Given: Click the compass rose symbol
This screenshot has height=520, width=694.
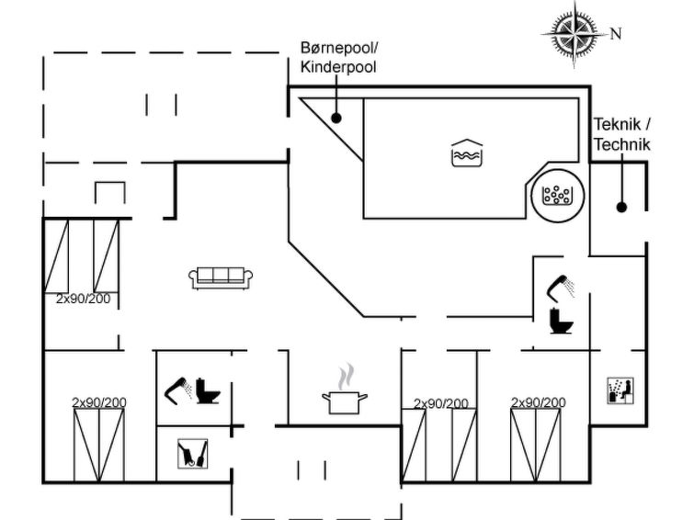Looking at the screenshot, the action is coord(575,34).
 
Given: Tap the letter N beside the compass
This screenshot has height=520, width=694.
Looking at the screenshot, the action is coord(616,34).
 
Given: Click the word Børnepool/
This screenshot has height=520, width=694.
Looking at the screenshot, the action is coord(340,48).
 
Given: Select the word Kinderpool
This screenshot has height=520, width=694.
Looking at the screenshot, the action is coord(338,67).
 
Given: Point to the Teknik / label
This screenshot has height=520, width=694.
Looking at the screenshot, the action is coord(622,124).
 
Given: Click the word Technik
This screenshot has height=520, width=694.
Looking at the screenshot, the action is coord(622,145).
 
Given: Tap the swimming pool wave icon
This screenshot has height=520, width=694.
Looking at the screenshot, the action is coord(467,153).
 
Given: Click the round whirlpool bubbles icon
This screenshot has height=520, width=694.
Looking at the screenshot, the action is coord(557,195).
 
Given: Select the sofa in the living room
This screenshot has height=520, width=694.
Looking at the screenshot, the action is coord(221,278).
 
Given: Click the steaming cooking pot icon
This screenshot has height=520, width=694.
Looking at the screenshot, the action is coord(345,390).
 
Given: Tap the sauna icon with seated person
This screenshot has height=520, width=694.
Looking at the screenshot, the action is coord(620,390).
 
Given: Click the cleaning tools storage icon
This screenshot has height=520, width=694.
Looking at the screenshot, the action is coord(192,454).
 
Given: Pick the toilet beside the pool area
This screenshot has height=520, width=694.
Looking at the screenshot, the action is coord(561,321).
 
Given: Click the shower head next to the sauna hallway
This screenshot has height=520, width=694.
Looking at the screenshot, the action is coord(561,286).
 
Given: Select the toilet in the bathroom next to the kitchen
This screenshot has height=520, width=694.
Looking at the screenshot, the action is coord(208,390).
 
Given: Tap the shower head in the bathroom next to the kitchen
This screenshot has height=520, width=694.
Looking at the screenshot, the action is coord(179,390).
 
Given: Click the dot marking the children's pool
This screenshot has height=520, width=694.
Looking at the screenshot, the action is coord(336,119).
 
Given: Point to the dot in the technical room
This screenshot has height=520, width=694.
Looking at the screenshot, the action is coord(622,207).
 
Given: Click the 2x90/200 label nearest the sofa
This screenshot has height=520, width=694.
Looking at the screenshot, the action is coord(84,299).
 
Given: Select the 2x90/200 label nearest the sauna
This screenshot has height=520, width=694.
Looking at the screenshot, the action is coord(539,402).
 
